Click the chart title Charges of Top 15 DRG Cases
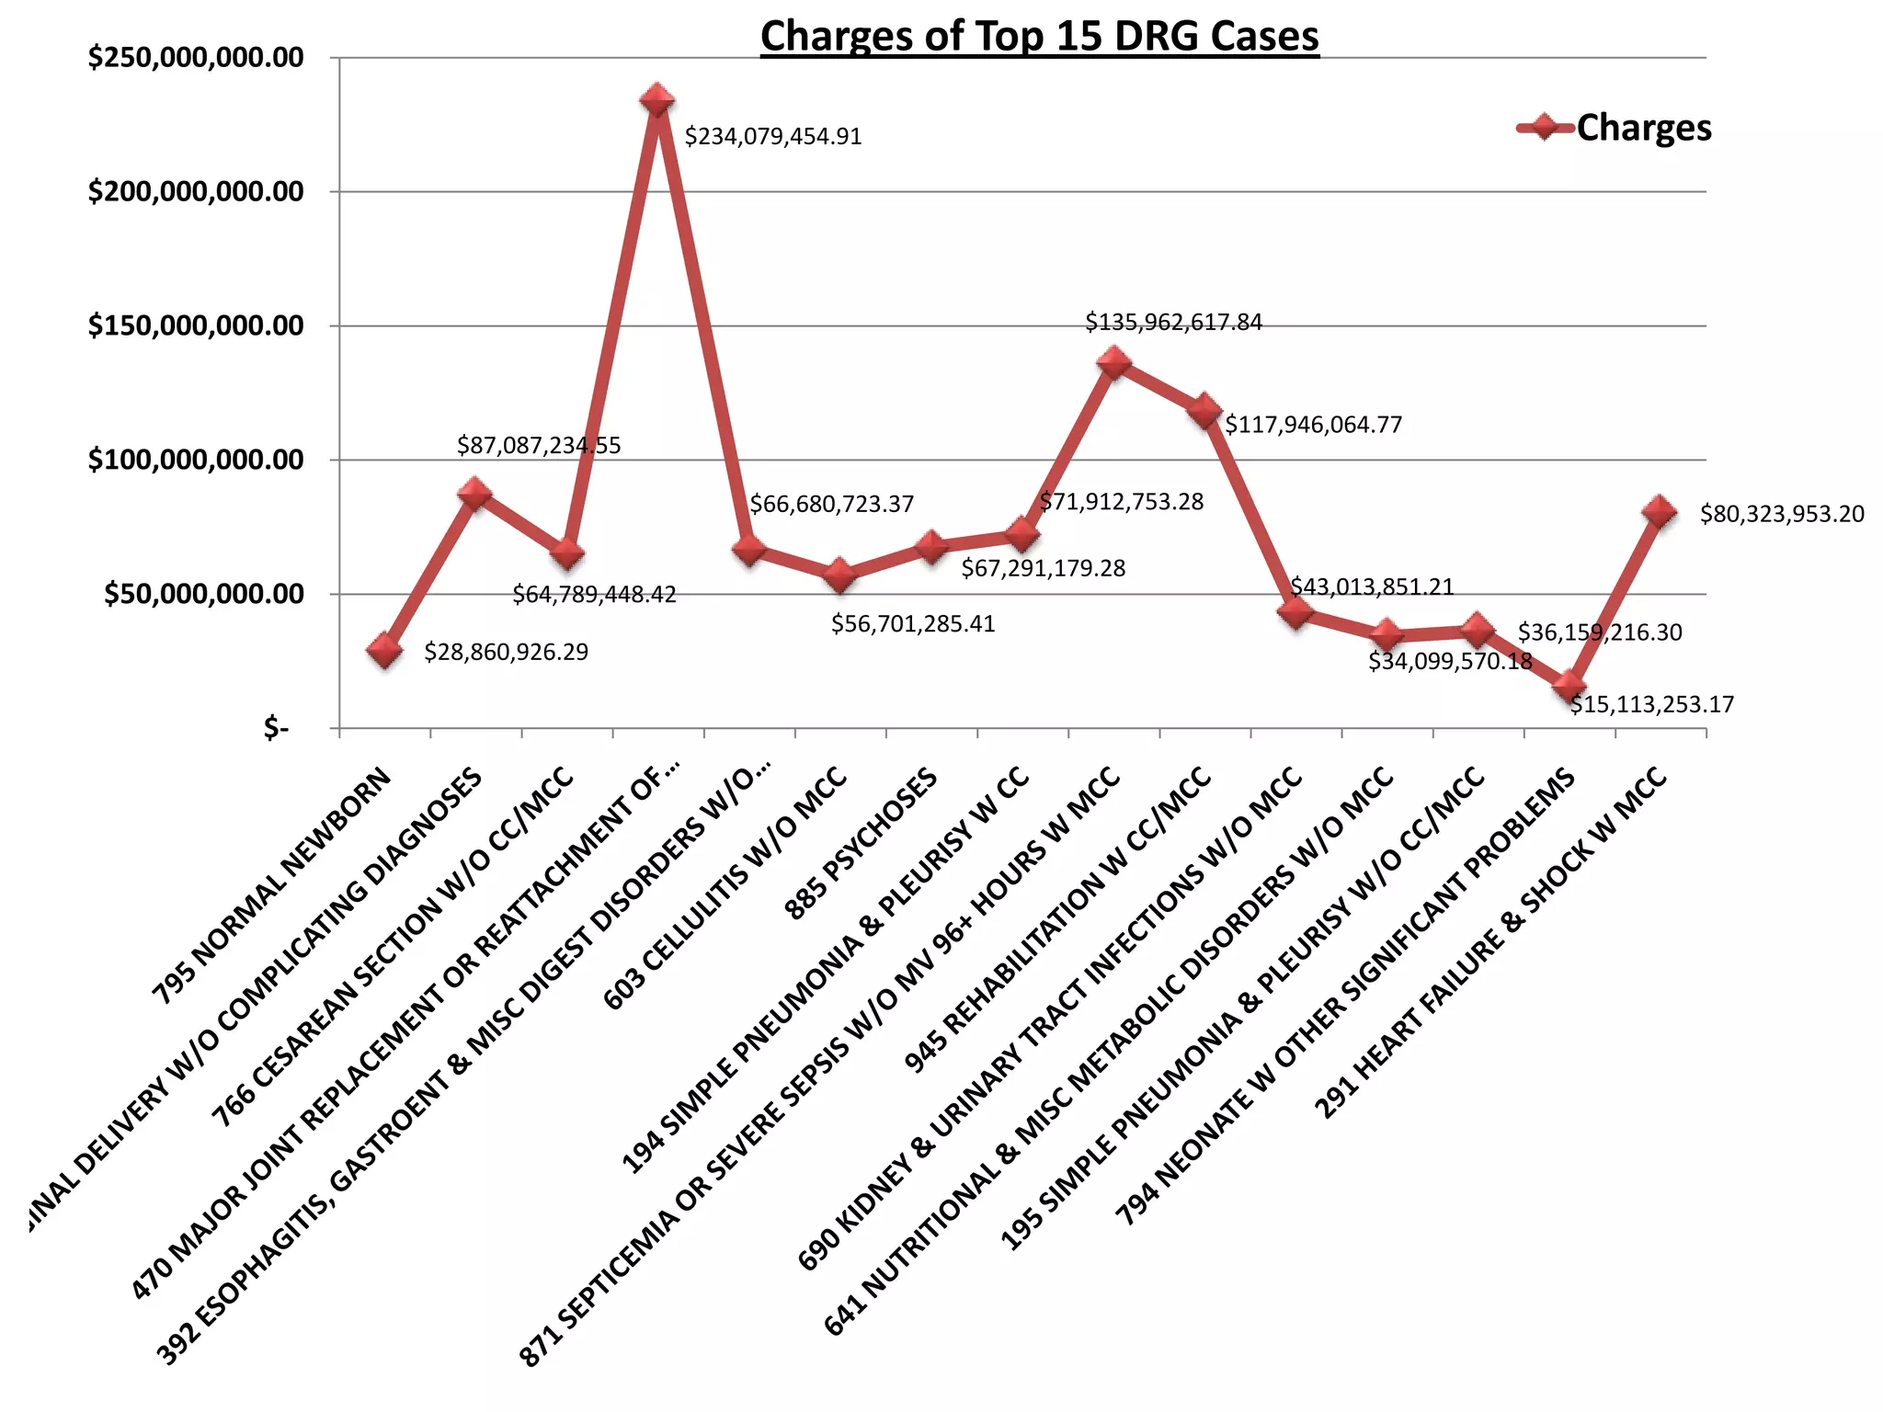(1039, 37)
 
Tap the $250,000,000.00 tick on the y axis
(195, 58)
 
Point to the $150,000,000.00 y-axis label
(195, 325)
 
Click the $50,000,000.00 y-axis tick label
(203, 594)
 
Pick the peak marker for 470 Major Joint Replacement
(657, 100)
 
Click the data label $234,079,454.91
(773, 137)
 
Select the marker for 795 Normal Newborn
(384, 651)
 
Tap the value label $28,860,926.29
(506, 652)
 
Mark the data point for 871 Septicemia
(1113, 363)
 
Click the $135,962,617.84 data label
(1173, 323)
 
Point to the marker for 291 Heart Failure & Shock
(1660, 512)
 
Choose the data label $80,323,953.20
(1781, 514)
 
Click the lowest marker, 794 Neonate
(1569, 686)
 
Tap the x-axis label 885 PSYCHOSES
(862, 844)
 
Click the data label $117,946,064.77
(1313, 425)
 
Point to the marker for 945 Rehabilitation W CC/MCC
(1204, 411)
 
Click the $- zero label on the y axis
(276, 729)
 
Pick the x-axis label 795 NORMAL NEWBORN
(272, 886)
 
